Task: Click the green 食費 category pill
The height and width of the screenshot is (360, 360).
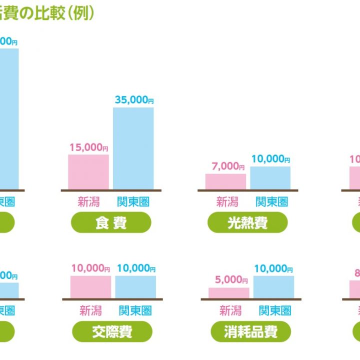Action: [111, 222]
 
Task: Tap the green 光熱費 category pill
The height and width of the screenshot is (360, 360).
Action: [247, 222]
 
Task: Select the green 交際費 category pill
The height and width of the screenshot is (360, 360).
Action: [112, 331]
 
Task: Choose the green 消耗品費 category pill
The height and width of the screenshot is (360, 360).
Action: [250, 331]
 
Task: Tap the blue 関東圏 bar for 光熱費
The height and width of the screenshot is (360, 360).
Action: [270, 178]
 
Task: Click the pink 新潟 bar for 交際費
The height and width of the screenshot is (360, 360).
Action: [90, 286]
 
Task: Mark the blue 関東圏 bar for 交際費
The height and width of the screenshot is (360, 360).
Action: [135, 286]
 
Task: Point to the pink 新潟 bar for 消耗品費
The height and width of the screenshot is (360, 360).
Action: [228, 292]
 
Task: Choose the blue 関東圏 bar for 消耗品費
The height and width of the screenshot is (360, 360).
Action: [273, 286]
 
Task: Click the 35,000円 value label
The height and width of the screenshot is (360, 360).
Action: [134, 100]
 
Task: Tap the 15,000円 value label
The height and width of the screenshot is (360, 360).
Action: [89, 147]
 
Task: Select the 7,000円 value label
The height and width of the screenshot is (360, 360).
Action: [225, 166]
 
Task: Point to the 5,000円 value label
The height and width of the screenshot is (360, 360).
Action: [228, 280]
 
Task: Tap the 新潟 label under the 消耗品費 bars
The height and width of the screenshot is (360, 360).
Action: [230, 311]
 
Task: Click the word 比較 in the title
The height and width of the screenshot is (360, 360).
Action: [52, 13]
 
